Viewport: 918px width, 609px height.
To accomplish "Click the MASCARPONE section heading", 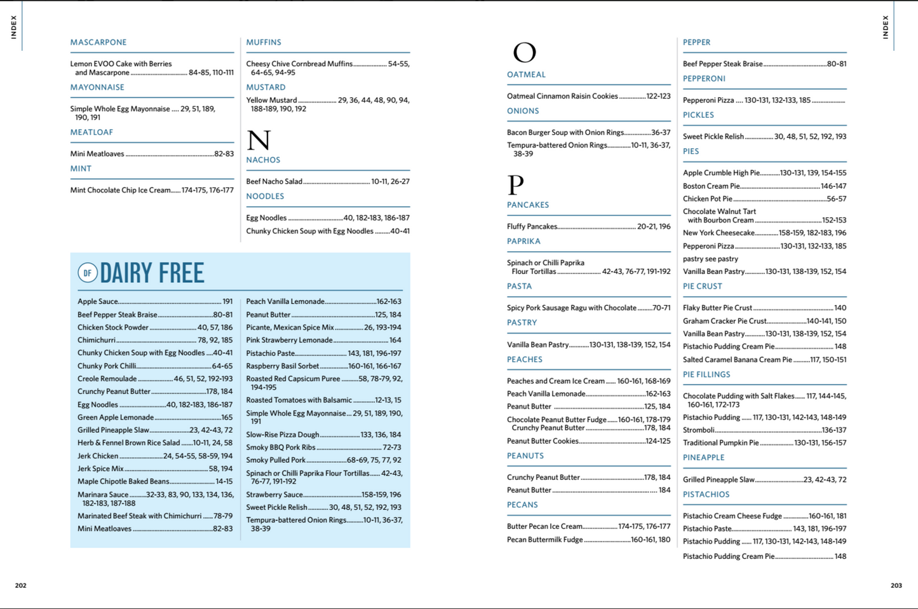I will click(98, 43).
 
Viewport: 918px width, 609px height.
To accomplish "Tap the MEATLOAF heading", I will click(91, 132).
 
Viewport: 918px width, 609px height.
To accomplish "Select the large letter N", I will click(259, 140).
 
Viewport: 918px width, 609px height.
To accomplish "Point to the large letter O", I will click(524, 52).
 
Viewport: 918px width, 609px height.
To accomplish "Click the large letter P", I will click(515, 184).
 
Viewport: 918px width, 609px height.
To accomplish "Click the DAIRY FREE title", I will click(152, 273).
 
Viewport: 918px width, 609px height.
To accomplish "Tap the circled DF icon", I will click(87, 273).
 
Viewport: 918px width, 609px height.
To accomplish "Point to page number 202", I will click(21, 585).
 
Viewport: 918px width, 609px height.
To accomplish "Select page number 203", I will click(896, 585).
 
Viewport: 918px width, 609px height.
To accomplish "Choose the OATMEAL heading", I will click(526, 75).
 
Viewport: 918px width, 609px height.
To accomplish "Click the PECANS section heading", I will click(522, 505).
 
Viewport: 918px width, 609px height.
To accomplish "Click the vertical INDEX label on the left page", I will click(13, 27).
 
